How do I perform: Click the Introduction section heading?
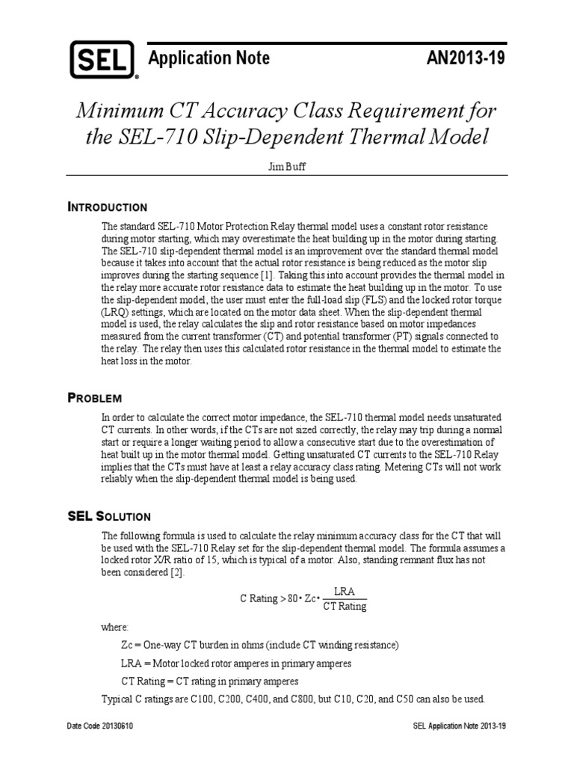coord(107,206)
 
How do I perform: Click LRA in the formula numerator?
coord(345,591)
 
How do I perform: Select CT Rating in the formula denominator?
coord(345,607)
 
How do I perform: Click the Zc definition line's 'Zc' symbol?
coord(128,644)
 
